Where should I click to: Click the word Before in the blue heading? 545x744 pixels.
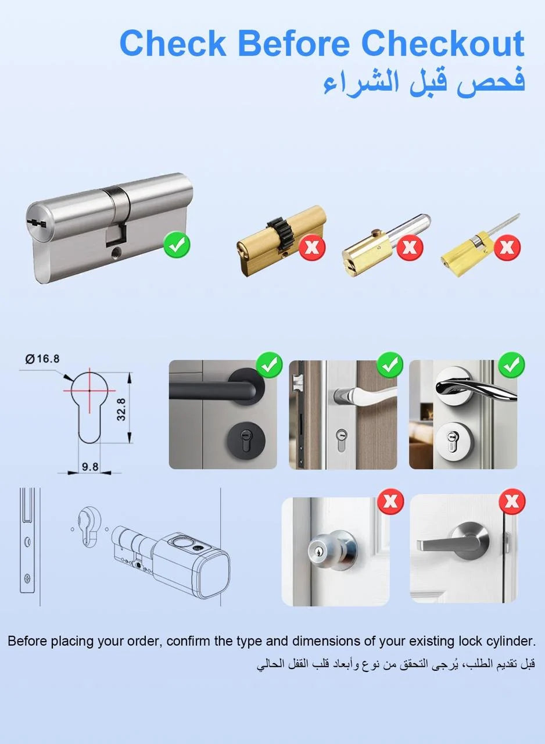tap(294, 44)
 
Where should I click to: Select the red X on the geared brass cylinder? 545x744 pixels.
tap(311, 248)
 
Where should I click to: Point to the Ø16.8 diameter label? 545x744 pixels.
tap(42, 359)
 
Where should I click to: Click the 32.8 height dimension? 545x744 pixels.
tap(121, 410)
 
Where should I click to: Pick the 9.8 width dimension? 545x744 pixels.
tap(90, 467)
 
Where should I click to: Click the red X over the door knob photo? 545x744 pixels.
tap(390, 502)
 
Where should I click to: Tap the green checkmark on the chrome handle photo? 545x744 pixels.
tap(511, 366)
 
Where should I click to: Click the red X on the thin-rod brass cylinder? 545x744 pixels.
tap(507, 247)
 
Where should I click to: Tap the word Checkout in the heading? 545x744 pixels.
tap(443, 44)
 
